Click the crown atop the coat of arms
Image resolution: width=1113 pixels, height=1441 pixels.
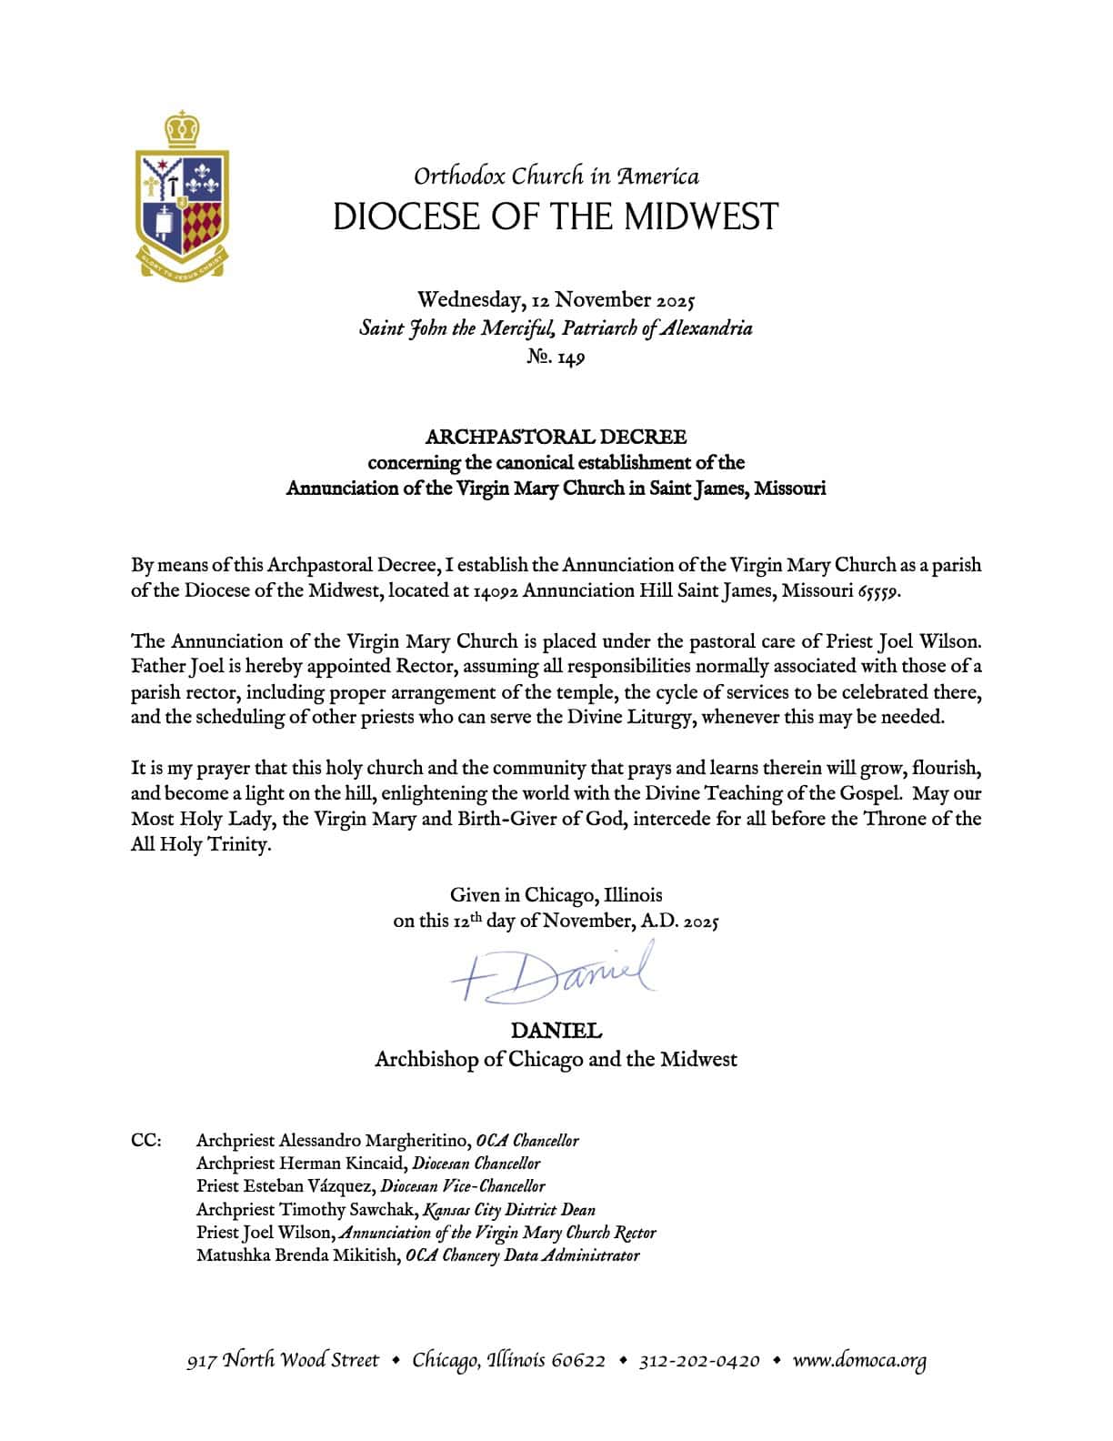pos(183,128)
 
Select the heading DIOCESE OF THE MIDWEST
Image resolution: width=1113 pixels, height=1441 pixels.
pos(556,217)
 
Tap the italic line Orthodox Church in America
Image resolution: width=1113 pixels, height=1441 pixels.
pos(556,176)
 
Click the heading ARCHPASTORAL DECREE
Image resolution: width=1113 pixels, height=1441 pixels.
pos(556,438)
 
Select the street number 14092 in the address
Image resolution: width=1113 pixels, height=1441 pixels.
pos(496,591)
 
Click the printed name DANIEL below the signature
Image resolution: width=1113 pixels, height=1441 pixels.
pos(556,1032)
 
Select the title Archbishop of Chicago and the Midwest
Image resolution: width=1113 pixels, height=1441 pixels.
pos(556,1060)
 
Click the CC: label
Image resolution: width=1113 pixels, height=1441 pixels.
pos(146,1141)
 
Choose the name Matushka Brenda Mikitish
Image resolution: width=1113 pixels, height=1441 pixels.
pos(297,1256)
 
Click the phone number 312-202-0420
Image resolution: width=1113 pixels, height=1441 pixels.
pos(698,1362)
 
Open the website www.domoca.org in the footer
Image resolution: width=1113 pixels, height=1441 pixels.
pos(859,1362)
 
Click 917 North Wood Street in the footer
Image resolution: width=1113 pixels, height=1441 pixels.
pos(283,1362)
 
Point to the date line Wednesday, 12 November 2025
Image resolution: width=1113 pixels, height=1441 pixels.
pos(556,300)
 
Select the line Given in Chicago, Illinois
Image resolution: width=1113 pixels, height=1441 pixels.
pos(556,895)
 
